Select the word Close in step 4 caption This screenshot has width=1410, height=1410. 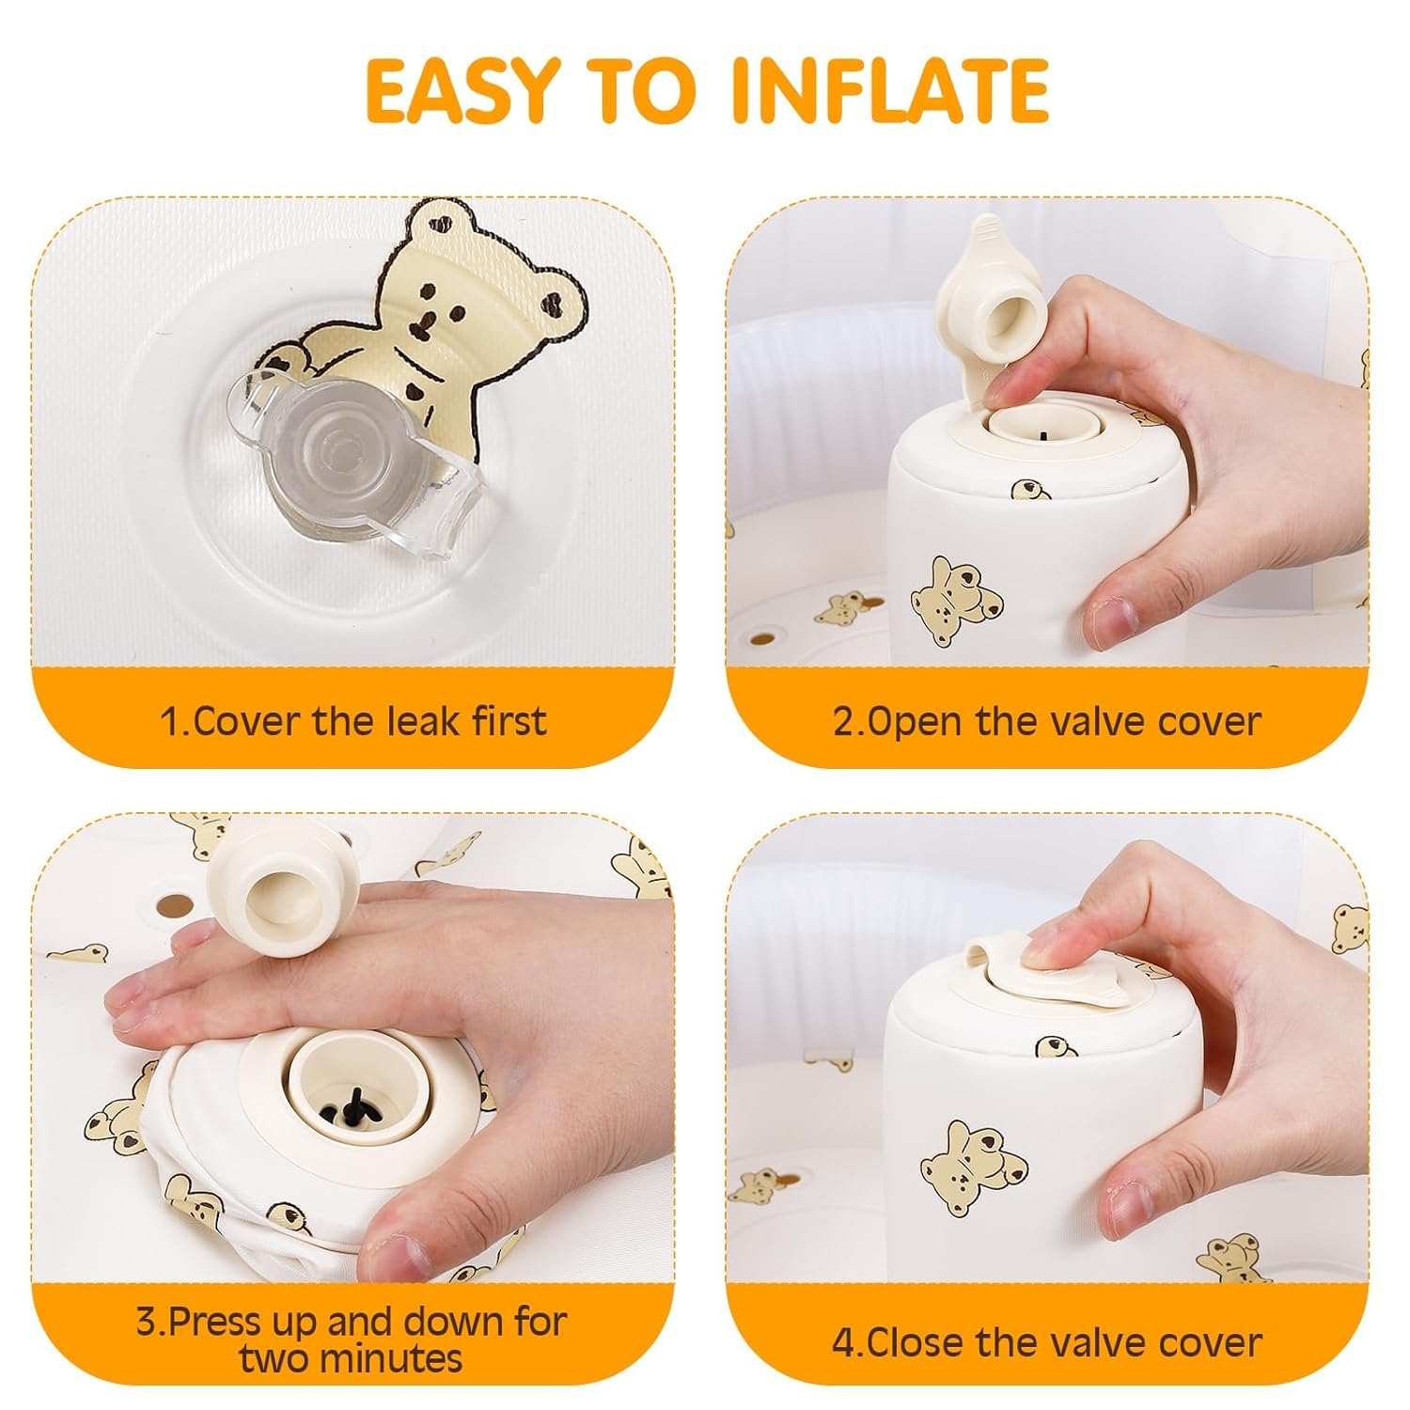coord(921,1341)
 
